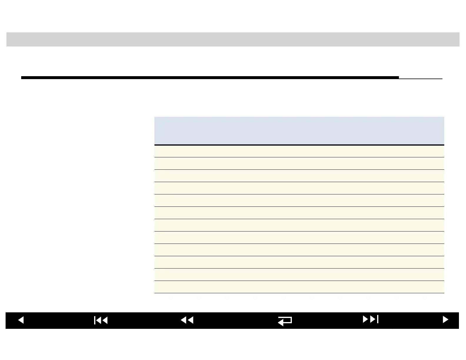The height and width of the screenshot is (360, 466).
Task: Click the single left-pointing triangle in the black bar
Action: coord(21,320)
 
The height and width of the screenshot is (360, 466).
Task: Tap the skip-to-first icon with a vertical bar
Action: coord(101,320)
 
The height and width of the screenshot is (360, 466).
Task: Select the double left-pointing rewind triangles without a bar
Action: coord(187,320)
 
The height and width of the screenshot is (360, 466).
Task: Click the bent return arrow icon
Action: coord(285,321)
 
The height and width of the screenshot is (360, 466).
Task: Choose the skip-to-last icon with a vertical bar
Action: coord(371,319)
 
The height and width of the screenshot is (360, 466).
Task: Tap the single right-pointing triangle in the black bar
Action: coord(445,320)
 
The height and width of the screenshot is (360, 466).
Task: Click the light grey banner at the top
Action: coord(233,39)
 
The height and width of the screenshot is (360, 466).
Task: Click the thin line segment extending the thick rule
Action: coord(421,79)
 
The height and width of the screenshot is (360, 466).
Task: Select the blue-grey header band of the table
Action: coord(299,131)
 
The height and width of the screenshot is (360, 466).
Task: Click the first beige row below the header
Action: coord(299,151)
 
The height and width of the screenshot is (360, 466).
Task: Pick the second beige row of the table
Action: coord(299,164)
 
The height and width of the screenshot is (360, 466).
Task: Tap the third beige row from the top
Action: coord(299,176)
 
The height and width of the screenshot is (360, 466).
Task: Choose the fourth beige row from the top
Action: coord(299,188)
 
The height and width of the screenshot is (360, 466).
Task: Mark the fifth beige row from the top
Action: coord(299,201)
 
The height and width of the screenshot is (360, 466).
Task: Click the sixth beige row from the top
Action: coord(299,213)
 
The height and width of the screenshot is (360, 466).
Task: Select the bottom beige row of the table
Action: coord(299,287)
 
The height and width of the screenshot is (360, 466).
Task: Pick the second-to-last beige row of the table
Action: coord(299,275)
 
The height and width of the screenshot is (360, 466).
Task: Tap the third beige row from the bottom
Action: coord(299,262)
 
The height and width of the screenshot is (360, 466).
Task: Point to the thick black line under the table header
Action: coord(299,145)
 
